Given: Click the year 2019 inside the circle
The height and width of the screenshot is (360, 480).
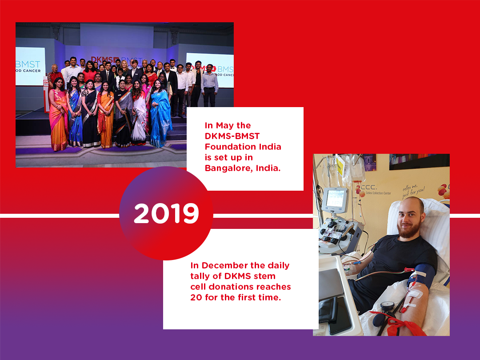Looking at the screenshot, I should point(166,214).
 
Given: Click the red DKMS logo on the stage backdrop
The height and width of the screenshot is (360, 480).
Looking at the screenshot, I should point(100,59).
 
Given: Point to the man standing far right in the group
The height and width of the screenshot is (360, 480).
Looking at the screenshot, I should point(210,84).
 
